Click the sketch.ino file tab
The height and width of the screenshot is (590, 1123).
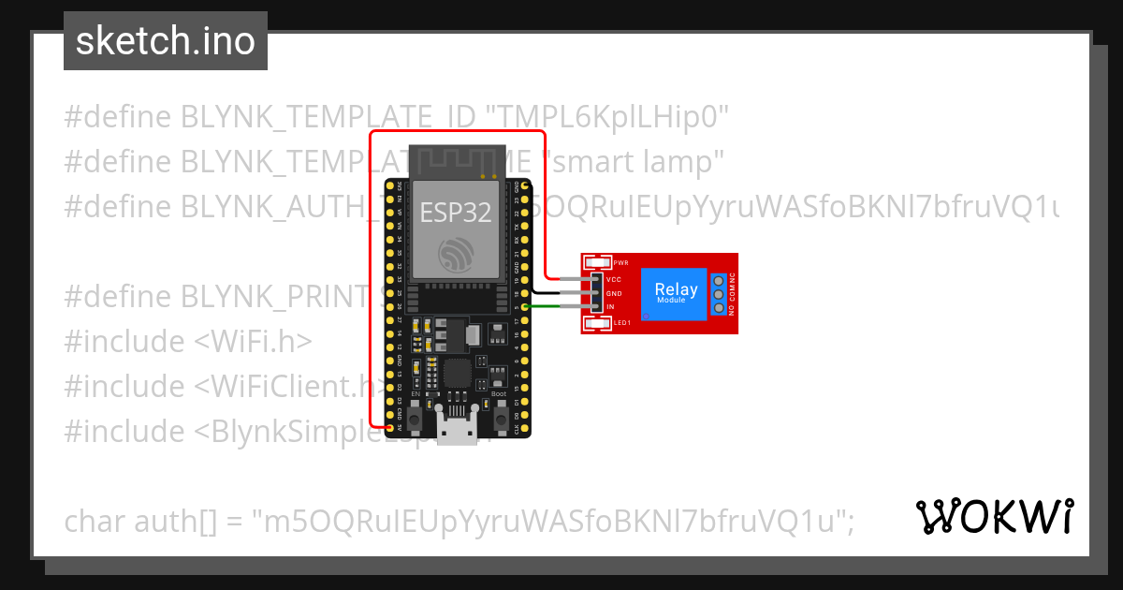pos(165,41)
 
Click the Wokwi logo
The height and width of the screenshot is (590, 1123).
pos(995,516)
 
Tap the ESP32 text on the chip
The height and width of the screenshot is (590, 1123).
pos(455,213)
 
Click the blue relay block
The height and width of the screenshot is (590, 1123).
pos(676,293)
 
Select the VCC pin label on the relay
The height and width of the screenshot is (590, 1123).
pos(614,280)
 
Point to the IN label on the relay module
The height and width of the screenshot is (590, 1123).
pos(610,307)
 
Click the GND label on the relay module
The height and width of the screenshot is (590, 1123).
pos(614,294)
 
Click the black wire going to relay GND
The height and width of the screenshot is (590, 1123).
pos(552,293)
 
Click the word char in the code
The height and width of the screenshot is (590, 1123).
pos(93,521)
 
